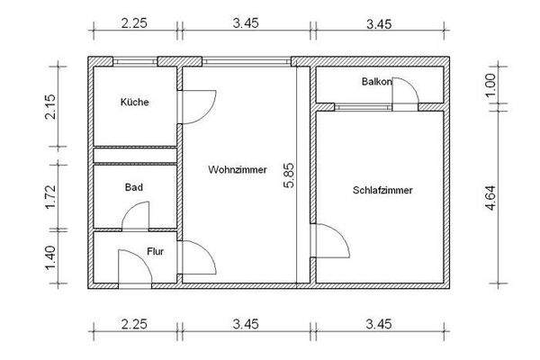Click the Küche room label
(x=134, y=103)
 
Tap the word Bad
(x=134, y=189)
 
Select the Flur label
(x=156, y=251)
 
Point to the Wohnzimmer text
(x=237, y=169)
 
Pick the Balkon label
(x=376, y=82)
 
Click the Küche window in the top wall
(x=136, y=62)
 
